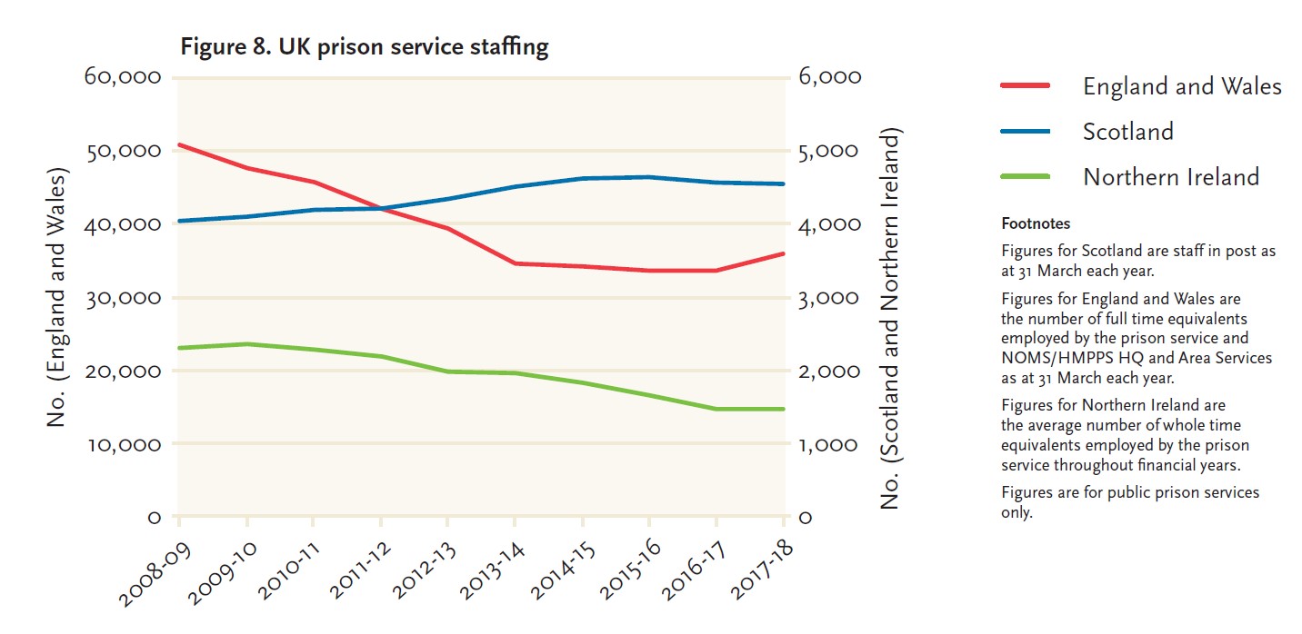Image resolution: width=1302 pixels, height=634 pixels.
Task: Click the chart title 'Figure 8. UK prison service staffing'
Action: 364,46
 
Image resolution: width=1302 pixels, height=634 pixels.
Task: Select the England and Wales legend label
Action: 1181,86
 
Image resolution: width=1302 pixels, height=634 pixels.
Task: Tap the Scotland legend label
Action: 1127,132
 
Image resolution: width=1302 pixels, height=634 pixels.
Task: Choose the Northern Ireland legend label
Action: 1170,176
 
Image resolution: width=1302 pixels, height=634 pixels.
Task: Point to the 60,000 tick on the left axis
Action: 122,77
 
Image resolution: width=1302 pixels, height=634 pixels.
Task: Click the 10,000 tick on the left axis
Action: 122,444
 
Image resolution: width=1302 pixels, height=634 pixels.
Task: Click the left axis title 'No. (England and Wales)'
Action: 58,297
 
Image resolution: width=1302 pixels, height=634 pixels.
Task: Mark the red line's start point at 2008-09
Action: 179,144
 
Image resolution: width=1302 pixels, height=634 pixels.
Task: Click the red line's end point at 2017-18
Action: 784,253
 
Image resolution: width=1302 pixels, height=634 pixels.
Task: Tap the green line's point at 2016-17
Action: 716,409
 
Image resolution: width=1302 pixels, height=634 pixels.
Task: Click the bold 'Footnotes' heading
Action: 1035,223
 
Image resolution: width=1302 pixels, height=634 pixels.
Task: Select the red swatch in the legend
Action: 1025,85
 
